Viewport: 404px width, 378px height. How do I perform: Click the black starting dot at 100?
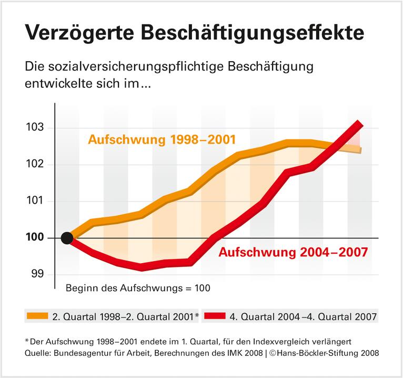[x=67, y=238]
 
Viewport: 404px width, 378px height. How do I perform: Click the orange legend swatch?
[x=37, y=316]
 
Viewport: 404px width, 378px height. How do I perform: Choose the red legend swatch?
[x=215, y=316]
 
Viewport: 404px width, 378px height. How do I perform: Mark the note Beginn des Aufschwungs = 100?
[x=138, y=288]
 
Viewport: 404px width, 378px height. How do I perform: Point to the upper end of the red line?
[x=359, y=124]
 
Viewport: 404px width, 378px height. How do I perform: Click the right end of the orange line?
[x=360, y=151]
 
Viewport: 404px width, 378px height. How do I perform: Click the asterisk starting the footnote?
[x=27, y=340]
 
